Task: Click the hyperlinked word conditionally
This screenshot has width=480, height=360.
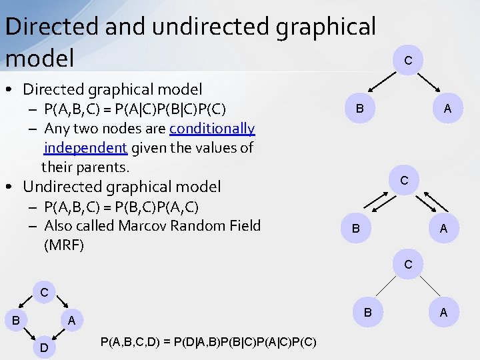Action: point(212,128)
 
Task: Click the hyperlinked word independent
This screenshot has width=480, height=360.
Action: point(85,147)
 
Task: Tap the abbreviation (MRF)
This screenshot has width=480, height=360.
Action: point(64,245)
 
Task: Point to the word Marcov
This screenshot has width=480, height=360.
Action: point(150,225)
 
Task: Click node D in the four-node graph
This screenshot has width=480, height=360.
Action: point(43,347)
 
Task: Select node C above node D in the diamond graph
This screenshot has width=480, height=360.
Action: point(43,293)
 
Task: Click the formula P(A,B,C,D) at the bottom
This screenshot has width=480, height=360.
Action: point(208,342)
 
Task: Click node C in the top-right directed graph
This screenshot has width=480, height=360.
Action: point(408,61)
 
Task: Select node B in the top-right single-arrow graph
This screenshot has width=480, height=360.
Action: point(359,109)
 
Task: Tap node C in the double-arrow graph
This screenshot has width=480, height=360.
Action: point(404,181)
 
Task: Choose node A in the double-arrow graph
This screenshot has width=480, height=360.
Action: point(443,229)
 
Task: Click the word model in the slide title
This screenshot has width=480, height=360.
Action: point(39,58)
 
